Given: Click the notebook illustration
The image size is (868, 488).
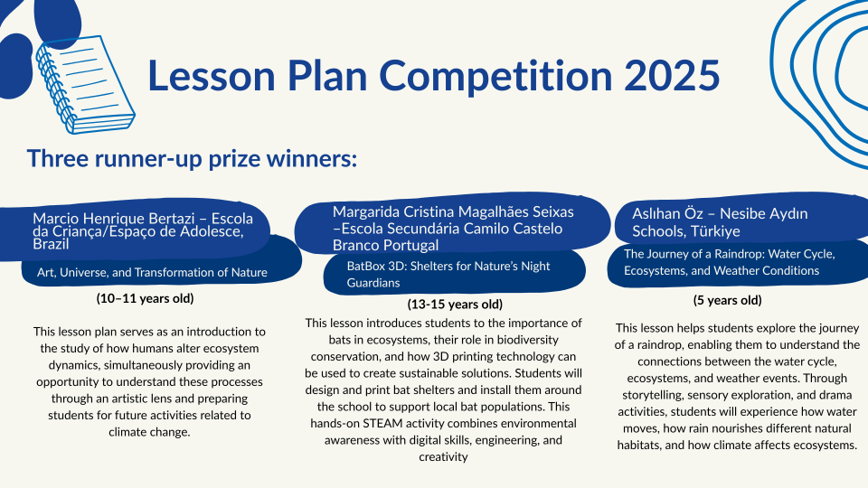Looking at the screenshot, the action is tap(85, 84).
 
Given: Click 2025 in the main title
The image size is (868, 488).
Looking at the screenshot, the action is tap(672, 75).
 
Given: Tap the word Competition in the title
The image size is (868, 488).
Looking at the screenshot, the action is tap(495, 76).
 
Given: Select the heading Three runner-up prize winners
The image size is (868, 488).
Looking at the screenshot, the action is tap(192, 158).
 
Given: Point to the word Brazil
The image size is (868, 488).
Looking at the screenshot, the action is tap(51, 244).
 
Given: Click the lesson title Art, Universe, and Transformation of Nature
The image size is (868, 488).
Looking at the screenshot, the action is tap(152, 272).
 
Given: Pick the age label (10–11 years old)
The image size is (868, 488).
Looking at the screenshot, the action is tap(145, 299).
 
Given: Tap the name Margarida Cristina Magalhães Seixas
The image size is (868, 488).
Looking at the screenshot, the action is tap(453, 211).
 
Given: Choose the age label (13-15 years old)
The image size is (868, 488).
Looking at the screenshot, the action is tap(455, 305).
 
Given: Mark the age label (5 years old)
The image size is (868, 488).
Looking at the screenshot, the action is tap(727, 300).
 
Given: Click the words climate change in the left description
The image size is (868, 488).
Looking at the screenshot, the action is tap(149, 432).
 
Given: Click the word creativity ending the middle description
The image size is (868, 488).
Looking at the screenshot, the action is tap(443, 457).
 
